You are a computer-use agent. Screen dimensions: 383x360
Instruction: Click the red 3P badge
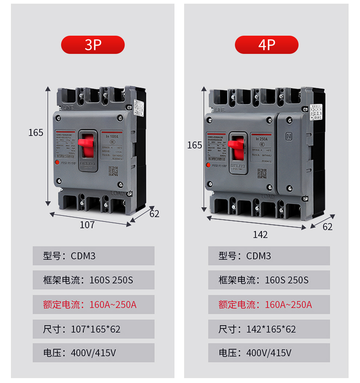93,45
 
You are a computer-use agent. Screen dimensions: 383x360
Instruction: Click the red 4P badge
267,45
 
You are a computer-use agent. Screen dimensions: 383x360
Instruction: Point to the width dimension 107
87,225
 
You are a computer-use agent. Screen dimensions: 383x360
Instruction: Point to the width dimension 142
260,235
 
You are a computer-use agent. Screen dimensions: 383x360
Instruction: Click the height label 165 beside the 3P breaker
36,133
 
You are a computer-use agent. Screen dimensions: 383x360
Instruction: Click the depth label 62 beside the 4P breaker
328,227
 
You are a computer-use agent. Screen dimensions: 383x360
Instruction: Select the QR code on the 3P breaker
113,171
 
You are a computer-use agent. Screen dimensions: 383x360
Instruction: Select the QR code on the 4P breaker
262,173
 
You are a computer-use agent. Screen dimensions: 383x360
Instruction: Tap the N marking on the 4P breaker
290,137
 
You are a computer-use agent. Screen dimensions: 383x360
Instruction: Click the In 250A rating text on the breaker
262,139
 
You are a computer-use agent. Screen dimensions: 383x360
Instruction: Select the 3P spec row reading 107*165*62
93,329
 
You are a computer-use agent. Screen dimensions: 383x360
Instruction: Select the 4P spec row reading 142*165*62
269,329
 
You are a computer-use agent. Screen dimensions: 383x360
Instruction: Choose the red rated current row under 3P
93,304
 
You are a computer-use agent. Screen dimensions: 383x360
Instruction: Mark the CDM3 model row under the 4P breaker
269,256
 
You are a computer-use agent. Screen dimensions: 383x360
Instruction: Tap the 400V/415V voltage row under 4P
269,353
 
